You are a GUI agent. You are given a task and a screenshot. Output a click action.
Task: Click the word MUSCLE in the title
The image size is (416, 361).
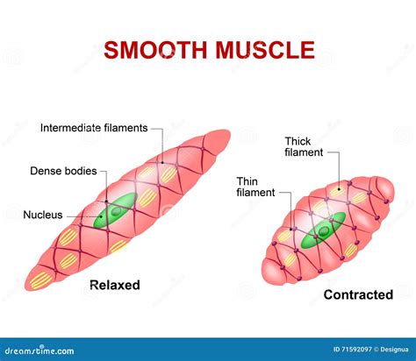tap(262, 50)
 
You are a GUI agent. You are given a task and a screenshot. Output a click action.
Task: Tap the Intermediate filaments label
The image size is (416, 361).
tap(95, 128)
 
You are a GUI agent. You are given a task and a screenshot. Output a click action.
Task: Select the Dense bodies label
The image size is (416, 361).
tap(64, 170)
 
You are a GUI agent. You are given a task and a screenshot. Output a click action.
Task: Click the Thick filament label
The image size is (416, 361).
tap(303, 145)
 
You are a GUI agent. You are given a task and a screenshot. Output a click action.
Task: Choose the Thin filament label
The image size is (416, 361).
tap(255, 187)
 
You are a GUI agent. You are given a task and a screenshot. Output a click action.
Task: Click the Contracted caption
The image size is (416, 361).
tap(358, 294)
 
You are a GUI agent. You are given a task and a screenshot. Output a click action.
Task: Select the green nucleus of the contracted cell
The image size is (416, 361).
tap(322, 233)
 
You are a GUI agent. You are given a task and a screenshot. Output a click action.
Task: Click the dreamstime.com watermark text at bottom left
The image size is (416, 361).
tap(44, 350)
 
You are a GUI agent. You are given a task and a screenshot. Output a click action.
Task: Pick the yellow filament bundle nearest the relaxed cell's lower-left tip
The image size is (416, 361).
tap(40, 280)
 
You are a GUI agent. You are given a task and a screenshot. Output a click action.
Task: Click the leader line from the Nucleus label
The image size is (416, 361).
tap(88, 213)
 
